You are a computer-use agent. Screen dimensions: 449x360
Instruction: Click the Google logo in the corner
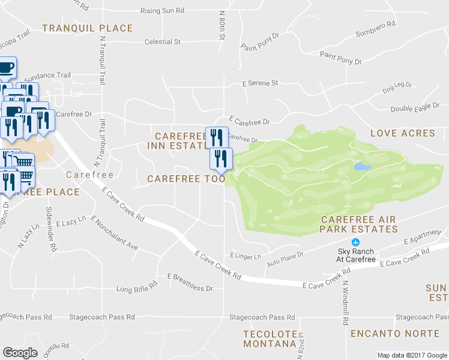(x=20, y=352)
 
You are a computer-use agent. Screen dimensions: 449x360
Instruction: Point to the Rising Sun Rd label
(x=163, y=11)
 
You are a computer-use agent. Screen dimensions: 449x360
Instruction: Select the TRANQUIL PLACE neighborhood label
(x=88, y=28)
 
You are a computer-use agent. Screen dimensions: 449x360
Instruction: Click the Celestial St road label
(x=163, y=42)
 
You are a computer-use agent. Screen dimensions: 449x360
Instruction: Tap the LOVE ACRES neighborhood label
(x=402, y=133)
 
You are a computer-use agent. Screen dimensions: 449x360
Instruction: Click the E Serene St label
(x=260, y=83)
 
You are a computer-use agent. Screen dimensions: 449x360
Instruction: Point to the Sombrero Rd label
(x=376, y=28)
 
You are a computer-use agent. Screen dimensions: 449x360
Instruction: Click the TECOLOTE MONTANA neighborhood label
(x=270, y=338)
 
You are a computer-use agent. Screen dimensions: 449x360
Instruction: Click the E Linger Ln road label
(x=246, y=256)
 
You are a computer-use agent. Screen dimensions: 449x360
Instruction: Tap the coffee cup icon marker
(x=5, y=69)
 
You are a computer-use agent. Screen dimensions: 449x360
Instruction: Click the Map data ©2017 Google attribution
(x=412, y=355)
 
